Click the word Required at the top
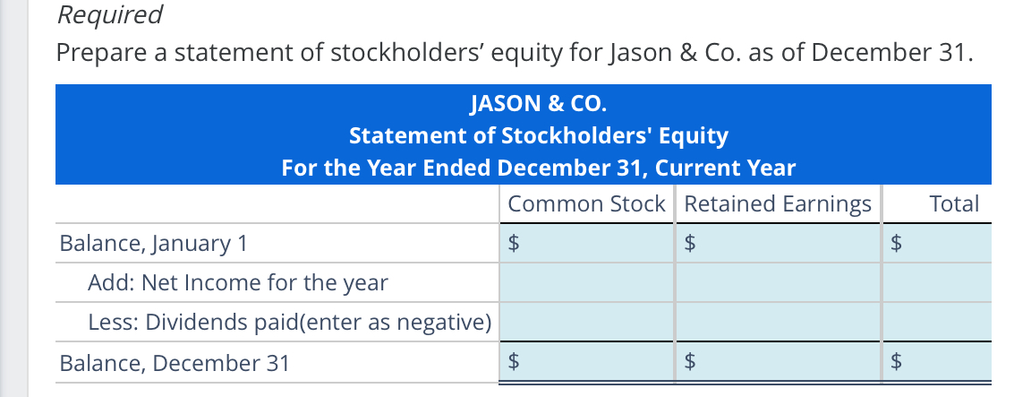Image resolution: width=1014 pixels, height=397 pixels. (109, 15)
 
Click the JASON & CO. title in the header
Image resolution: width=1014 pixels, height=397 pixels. (538, 104)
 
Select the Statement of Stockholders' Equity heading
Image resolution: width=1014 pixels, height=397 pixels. (538, 136)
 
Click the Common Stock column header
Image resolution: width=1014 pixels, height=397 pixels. (586, 203)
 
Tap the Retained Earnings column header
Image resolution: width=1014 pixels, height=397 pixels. (777, 203)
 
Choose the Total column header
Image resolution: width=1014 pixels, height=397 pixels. (954, 203)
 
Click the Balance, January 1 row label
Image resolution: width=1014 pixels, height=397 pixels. (153, 243)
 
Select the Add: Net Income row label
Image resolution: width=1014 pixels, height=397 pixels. (238, 283)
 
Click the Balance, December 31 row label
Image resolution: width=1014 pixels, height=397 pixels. (174, 363)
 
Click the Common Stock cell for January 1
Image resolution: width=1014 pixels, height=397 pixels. (594, 243)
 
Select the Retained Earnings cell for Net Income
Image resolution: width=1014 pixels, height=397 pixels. (778, 283)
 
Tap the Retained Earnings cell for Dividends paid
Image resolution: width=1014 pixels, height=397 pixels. (778, 323)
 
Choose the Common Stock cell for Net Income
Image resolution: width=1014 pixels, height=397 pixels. (586, 283)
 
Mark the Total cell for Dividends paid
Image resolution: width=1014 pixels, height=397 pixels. (938, 323)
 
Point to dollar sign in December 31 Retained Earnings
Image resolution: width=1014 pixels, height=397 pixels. (689, 363)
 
